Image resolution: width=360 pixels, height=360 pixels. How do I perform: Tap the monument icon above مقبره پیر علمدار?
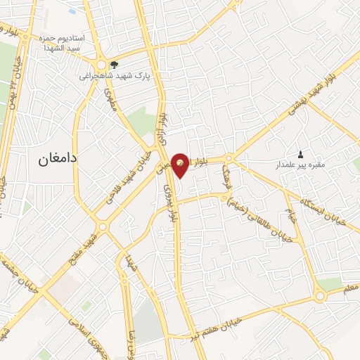click(301, 155)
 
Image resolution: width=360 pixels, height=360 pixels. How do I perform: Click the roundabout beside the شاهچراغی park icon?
click(102, 63)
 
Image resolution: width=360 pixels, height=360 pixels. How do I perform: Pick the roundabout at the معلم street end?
click(320, 296)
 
